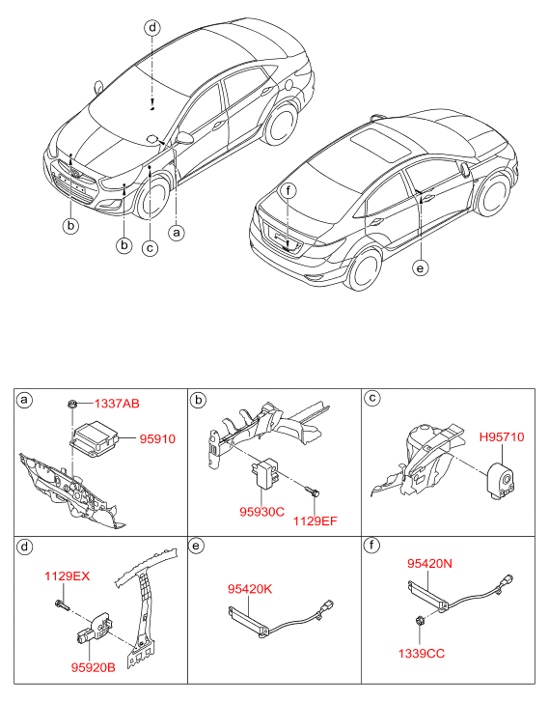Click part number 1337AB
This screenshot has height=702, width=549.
click(117, 404)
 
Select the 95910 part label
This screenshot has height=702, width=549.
click(157, 438)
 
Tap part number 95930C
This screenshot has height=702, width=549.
click(261, 511)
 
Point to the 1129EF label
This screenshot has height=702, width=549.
click(315, 521)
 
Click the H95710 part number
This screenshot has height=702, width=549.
click(502, 437)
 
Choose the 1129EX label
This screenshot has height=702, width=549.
click(68, 576)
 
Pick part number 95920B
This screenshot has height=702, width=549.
click(93, 667)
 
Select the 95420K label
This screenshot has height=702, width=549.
click(250, 589)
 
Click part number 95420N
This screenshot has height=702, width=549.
click(429, 564)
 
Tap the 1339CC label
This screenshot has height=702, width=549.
click(422, 654)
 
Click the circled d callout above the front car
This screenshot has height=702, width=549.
click(152, 28)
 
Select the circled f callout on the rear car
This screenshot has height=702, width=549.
click(288, 191)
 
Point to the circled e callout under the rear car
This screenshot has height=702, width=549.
click(420, 268)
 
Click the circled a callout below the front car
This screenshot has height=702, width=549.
click(177, 233)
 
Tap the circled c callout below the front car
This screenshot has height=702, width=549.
click(150, 248)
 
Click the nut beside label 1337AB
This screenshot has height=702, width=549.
click(72, 404)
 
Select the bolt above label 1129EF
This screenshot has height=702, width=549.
click(313, 491)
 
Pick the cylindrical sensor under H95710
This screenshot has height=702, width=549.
click(502, 480)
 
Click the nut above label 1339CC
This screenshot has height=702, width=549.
click(420, 621)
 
